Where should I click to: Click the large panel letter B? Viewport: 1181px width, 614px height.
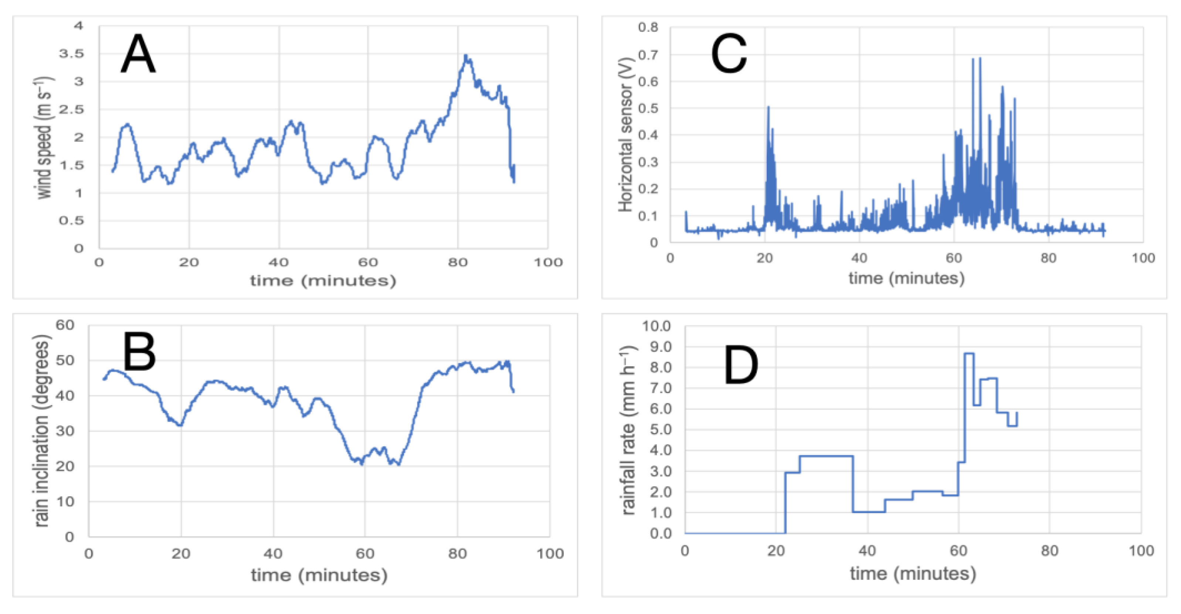click(x=139, y=352)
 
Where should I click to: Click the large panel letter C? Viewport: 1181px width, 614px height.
click(x=729, y=54)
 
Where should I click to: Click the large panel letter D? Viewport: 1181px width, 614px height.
click(x=740, y=365)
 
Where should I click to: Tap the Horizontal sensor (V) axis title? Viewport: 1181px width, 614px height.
click(x=625, y=134)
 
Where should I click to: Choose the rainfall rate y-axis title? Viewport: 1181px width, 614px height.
click(x=628, y=430)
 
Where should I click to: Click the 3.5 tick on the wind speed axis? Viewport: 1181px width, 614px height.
click(x=71, y=54)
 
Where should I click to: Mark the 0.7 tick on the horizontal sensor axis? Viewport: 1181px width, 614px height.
click(x=648, y=55)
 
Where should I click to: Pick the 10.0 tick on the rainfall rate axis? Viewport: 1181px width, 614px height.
click(x=656, y=326)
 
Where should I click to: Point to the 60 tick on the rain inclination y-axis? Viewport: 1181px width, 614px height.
click(x=65, y=325)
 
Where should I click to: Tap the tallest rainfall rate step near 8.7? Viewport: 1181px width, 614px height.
click(x=969, y=353)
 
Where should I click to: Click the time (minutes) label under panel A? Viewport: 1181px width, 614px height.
click(x=323, y=281)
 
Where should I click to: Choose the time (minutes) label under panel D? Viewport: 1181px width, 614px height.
click(x=912, y=574)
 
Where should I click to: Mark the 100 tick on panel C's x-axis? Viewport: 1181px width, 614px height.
click(x=1143, y=258)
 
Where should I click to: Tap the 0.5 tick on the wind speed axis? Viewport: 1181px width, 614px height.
click(x=71, y=221)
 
